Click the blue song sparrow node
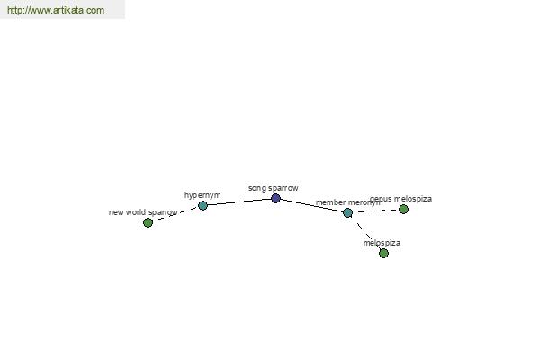click(275, 198)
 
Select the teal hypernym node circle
click(202, 206)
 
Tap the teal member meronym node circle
click(347, 213)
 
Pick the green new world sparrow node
click(148, 223)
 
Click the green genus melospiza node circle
click(403, 209)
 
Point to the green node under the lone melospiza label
click(383, 254)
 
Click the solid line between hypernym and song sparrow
click(239, 202)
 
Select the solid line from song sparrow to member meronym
click(311, 206)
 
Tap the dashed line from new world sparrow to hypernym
click(175, 214)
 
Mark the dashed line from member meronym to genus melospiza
click(375, 211)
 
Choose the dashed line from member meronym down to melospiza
click(365, 233)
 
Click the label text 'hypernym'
click(202, 195)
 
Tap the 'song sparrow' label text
click(273, 188)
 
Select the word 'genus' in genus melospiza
click(381, 199)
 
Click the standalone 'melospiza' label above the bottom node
click(382, 243)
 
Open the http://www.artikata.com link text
click(56, 10)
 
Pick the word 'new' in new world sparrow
click(116, 213)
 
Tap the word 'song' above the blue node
click(257, 189)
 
